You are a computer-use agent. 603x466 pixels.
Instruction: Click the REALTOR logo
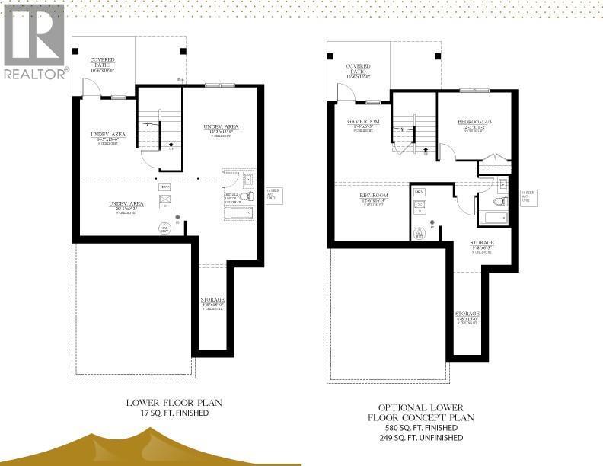tap(34, 41)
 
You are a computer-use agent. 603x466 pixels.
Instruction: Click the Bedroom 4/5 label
tap(474, 122)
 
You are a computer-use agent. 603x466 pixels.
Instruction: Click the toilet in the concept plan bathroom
tap(500, 202)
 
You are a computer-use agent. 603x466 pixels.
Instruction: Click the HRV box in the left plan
tap(164, 186)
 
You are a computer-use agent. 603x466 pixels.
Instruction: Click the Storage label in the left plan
tap(212, 300)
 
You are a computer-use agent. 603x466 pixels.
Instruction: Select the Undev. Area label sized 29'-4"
tap(126, 204)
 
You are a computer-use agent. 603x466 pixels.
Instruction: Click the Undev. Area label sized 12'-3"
tap(222, 126)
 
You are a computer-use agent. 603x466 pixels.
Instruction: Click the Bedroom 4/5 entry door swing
tap(448, 152)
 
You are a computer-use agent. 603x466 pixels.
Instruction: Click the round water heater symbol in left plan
tap(164, 226)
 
